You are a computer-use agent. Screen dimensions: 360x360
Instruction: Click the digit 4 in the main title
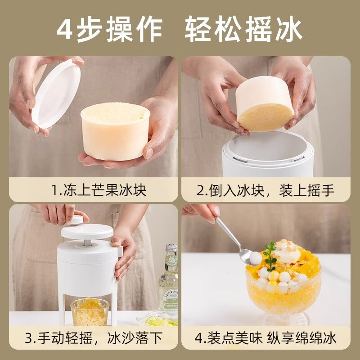click(x=67, y=29)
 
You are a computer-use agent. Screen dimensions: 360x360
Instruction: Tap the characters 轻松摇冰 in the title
click(x=243, y=29)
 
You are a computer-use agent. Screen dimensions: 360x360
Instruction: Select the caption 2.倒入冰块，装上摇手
click(x=266, y=190)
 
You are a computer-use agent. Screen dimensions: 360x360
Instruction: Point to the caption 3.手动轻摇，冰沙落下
click(x=94, y=338)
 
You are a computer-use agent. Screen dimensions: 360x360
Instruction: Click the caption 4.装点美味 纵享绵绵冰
click(x=266, y=338)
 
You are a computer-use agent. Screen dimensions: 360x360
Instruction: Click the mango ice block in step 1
click(x=115, y=130)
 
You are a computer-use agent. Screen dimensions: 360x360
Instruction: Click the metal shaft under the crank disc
click(x=86, y=243)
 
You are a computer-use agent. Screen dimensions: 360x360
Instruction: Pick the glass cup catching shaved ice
click(x=90, y=311)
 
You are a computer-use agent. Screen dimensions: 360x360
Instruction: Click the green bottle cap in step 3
click(x=171, y=248)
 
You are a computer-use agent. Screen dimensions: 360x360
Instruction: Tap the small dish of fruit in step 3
click(x=160, y=320)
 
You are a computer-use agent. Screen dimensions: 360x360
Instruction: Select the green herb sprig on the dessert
click(x=270, y=254)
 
